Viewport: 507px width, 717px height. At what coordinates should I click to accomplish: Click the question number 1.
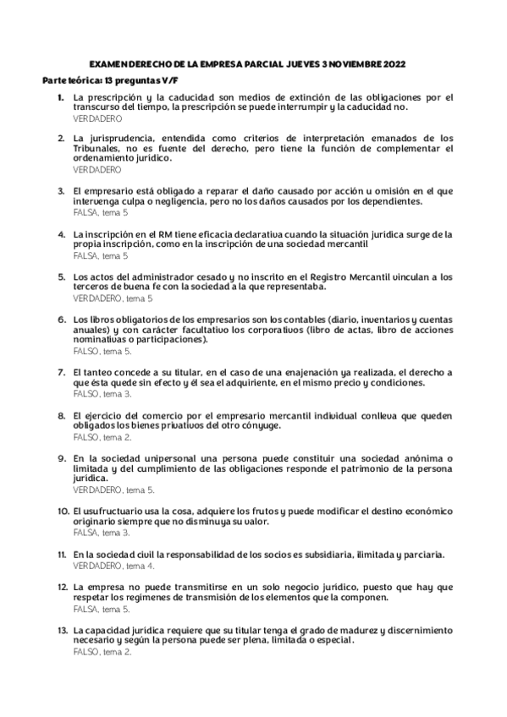(61, 98)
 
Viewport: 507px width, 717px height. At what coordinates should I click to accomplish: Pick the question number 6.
(62, 320)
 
